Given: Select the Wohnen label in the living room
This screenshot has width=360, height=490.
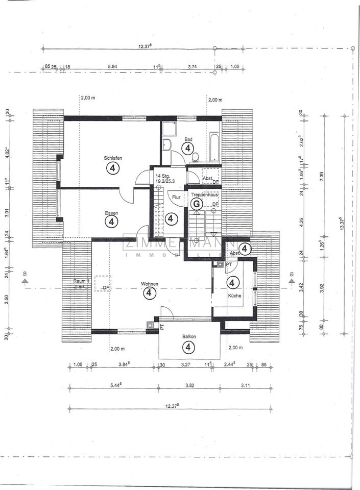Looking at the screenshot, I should pos(150,284).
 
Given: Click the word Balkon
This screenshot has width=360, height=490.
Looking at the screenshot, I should pos(189,337).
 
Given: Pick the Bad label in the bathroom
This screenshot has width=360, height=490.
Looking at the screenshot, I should pos(188,139).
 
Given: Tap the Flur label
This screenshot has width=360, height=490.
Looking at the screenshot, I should pos(176,197).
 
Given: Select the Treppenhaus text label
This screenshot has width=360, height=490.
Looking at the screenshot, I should pos(203,194).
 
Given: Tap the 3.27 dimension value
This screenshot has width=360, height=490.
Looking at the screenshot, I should pos(186,365).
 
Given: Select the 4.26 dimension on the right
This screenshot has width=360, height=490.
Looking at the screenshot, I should pos(301,223).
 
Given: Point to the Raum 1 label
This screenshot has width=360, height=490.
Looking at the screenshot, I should pos(81,281).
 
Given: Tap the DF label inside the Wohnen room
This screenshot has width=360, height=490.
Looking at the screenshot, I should pos(106,288).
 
